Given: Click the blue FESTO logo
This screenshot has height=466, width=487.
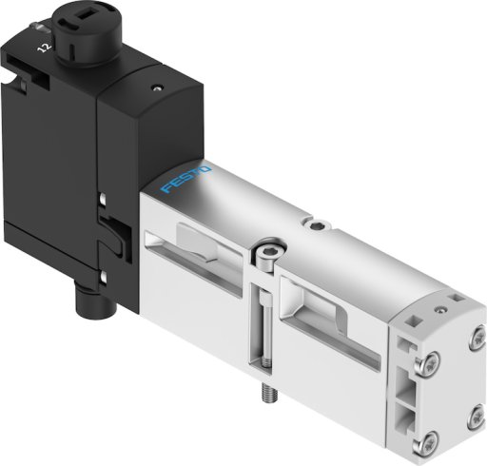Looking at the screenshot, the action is (185, 179).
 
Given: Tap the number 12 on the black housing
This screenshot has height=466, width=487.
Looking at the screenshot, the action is (44, 48).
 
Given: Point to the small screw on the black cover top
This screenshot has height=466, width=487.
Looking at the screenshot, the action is (157, 87).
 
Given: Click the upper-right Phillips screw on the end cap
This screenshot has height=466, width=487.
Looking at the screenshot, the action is (477, 337).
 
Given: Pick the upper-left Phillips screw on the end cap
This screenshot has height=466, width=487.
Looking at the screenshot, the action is (428, 362).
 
